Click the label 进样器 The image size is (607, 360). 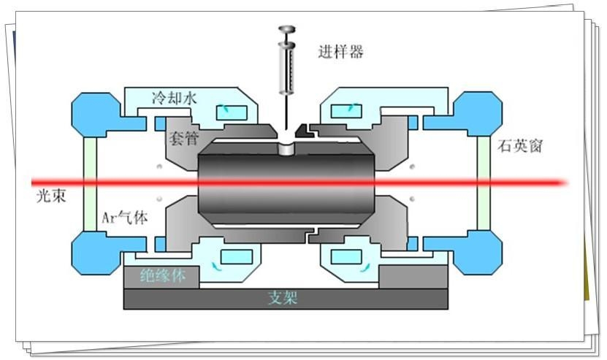[340, 52]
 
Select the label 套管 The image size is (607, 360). [183, 138]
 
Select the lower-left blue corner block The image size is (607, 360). [94, 252]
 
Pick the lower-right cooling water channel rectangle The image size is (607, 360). [344, 256]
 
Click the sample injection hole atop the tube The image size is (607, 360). [287, 148]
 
